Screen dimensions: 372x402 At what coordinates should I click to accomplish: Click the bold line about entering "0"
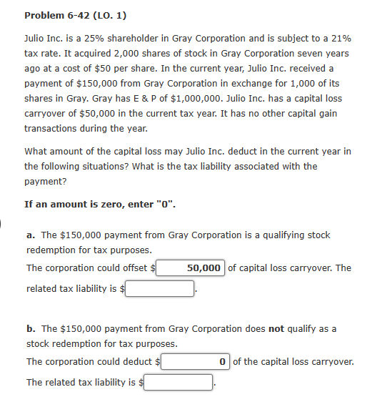100,204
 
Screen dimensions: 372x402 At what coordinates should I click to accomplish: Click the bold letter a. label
31,235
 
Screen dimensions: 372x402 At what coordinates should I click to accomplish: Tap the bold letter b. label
31,328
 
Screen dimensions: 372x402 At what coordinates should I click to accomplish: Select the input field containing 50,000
191,268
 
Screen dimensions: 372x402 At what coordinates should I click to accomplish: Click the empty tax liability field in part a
161,288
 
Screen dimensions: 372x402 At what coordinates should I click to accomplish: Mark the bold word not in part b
276,328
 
